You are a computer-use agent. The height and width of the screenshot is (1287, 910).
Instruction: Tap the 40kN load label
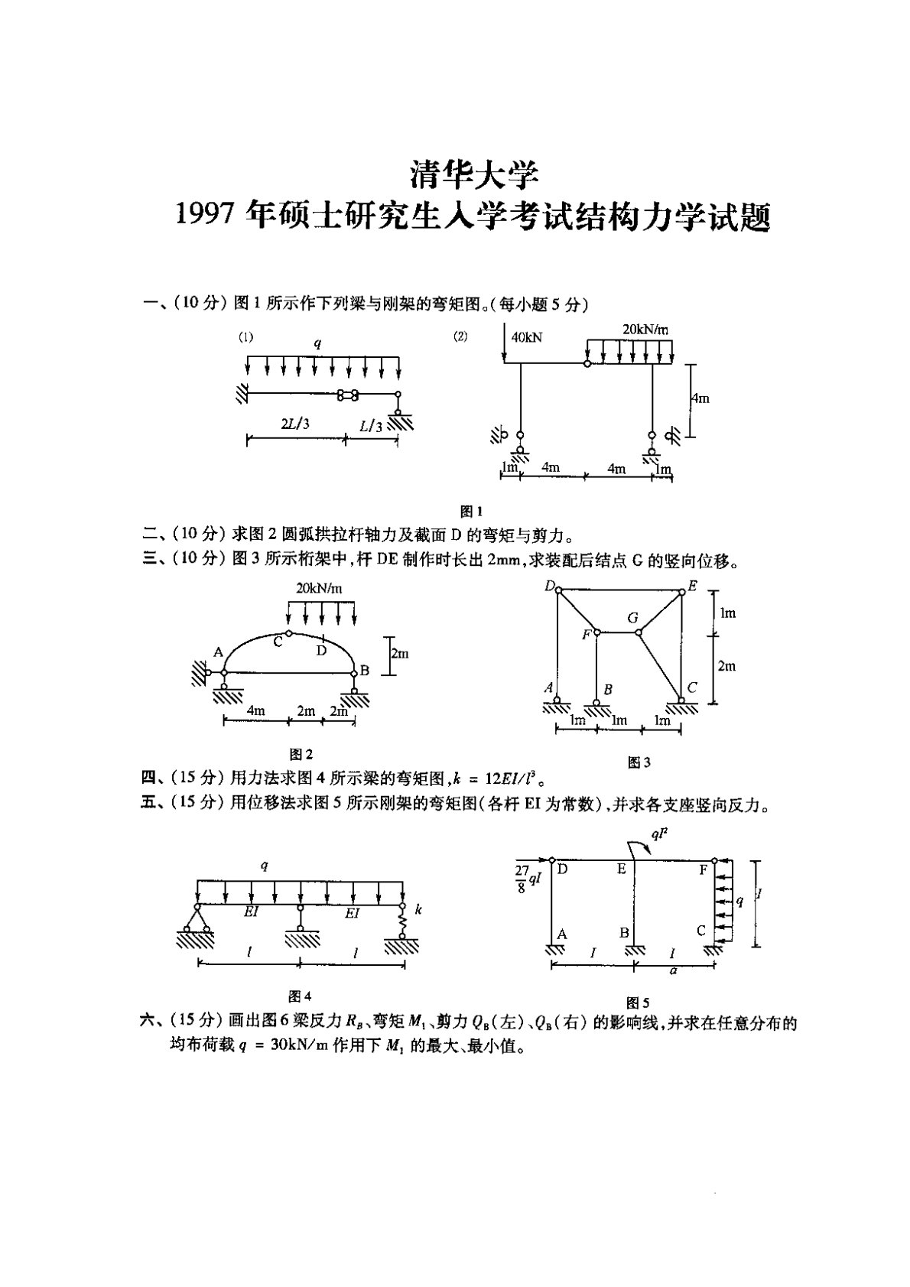pos(528,337)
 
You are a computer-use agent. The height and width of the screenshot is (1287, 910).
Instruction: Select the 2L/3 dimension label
pos(294,424)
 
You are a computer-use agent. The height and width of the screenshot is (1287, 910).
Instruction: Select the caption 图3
pos(639,762)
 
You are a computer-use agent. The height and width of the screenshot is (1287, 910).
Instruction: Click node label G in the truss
pos(632,616)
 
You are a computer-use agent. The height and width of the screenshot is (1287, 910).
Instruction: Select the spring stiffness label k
pos(418,909)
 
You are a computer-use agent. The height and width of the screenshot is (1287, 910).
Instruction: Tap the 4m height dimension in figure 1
pos(700,398)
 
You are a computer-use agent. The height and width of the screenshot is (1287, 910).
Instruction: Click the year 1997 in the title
pos(205,217)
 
